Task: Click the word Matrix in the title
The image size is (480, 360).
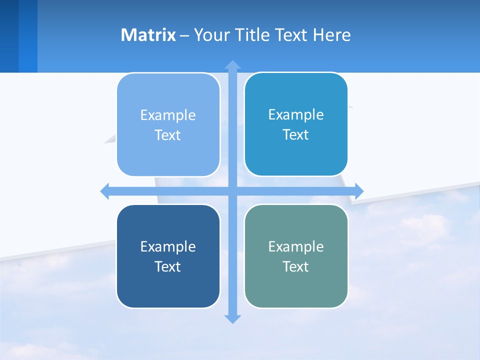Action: [x=148, y=35]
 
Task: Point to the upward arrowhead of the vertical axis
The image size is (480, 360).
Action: [x=232, y=65]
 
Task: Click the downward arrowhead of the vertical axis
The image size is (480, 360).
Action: [x=232, y=318]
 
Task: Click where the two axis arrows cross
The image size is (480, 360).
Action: [x=232, y=191]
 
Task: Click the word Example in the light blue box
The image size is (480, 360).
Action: [x=168, y=115]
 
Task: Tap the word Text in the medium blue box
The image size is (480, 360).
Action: [x=296, y=135]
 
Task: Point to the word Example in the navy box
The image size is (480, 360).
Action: [x=168, y=246]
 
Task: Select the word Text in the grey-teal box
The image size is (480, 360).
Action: [x=296, y=266]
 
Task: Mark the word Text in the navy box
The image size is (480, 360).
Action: [x=168, y=266]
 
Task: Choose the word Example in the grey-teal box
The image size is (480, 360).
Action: [x=296, y=246]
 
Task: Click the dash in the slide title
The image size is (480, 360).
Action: [x=184, y=35]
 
